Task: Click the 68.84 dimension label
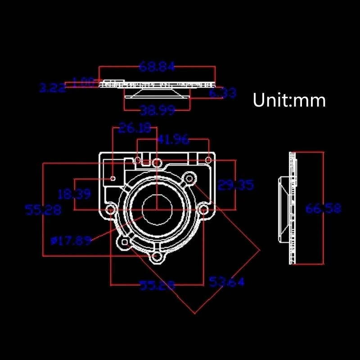pyautogui.click(x=157, y=67)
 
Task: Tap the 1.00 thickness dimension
pyautogui.click(x=83, y=82)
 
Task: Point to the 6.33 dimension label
pyautogui.click(x=222, y=93)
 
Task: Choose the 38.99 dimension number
pyautogui.click(x=157, y=110)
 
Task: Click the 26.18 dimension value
pyautogui.click(x=135, y=129)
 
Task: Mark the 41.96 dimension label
pyautogui.click(x=173, y=139)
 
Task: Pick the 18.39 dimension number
pyautogui.click(x=74, y=194)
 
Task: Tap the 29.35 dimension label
pyautogui.click(x=235, y=185)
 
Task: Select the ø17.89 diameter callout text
pyautogui.click(x=71, y=241)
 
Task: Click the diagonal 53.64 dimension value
pyautogui.click(x=227, y=282)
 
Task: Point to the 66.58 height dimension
pyautogui.click(x=323, y=208)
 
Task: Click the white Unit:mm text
pyautogui.click(x=289, y=100)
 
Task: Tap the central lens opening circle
pyautogui.click(x=157, y=210)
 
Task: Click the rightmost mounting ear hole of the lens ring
pyautogui.click(x=203, y=210)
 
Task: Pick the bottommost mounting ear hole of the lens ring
pyautogui.click(x=157, y=257)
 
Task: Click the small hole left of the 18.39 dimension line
pyautogui.click(x=113, y=178)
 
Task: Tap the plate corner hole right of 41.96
pyautogui.click(x=208, y=159)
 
